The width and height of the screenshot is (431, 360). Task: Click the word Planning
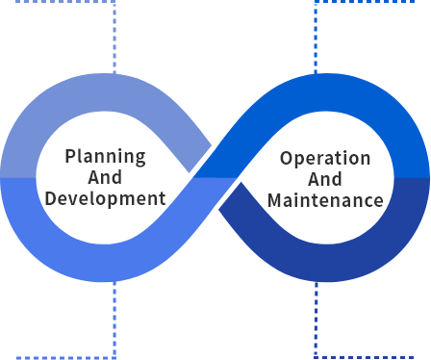click(105, 156)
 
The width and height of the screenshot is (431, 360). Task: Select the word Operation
click(325, 158)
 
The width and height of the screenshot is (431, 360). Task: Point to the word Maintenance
click(325, 200)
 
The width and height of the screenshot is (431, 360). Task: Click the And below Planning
click(105, 177)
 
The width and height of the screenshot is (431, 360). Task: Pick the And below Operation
click(325, 179)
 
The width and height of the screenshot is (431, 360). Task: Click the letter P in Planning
click(70, 156)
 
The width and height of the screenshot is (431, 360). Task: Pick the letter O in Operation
click(286, 158)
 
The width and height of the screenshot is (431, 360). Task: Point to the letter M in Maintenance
click(274, 200)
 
